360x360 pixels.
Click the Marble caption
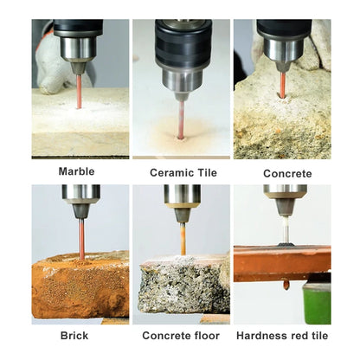[76, 171]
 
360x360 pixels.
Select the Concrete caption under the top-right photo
[286, 173]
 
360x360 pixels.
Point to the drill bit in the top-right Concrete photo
[280, 85]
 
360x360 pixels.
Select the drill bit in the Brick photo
[81, 238]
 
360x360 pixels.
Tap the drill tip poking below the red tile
[286, 283]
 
